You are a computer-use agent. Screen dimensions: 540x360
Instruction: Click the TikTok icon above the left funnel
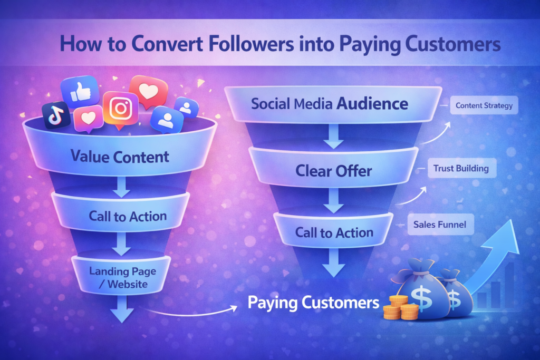[x=56, y=115]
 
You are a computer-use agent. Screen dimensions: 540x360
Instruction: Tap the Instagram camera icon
[x=121, y=109]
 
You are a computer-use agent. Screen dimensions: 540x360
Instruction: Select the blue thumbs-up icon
[x=80, y=92]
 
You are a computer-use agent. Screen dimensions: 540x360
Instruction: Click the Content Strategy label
[x=484, y=105]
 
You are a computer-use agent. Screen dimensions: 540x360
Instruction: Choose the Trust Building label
[x=461, y=168]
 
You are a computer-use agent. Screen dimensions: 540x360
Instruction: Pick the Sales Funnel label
[x=440, y=225]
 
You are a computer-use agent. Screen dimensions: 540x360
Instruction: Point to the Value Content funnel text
[x=120, y=157]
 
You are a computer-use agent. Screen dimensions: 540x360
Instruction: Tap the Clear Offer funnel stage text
[x=334, y=171]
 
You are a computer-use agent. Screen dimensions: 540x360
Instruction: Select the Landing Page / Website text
[x=122, y=278]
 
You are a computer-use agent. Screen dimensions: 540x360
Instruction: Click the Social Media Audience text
[x=330, y=104]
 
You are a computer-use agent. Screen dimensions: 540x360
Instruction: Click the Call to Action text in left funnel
[x=128, y=216]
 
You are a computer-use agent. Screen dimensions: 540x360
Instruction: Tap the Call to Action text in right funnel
[x=334, y=232]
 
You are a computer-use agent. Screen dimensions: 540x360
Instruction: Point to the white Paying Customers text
[x=313, y=303]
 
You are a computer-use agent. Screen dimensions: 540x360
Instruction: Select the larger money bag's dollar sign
[x=422, y=298]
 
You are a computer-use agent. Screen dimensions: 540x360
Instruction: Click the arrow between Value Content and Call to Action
[x=121, y=187]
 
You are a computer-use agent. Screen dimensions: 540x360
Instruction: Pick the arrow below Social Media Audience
[x=333, y=136]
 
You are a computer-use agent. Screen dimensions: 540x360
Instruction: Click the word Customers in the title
[x=452, y=44]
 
